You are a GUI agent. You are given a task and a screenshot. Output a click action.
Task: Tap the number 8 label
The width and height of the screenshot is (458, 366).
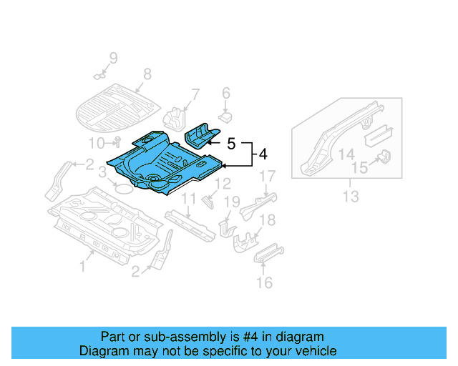pyautogui.click(x=147, y=74)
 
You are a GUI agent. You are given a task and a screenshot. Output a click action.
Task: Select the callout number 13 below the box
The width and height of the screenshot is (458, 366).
pyautogui.click(x=349, y=195)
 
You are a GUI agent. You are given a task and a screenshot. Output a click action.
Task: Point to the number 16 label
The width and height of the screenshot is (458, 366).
pyautogui.click(x=264, y=283)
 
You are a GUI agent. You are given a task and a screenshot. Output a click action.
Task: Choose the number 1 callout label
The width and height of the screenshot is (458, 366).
pyautogui.click(x=82, y=267)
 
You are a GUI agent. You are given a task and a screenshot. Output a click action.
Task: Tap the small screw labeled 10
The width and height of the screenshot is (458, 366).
pyautogui.click(x=118, y=141)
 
